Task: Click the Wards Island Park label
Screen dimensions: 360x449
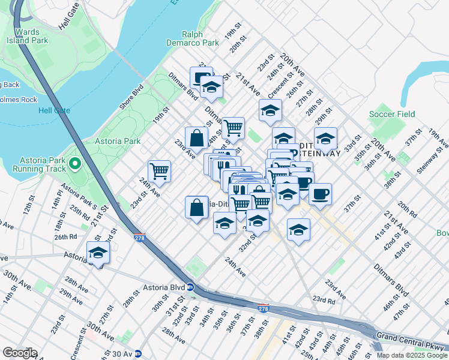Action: pyautogui.click(x=28, y=37)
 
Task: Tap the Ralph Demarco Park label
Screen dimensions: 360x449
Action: pyautogui.click(x=193, y=38)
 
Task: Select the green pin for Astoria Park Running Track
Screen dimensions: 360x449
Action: pyautogui.click(x=74, y=163)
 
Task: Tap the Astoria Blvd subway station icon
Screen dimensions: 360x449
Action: pyautogui.click(x=190, y=287)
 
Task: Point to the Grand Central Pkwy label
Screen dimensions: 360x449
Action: pyautogui.click(x=410, y=336)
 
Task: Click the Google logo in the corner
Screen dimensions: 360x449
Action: pyautogui.click(x=19, y=353)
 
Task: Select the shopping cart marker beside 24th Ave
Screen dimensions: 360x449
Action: pyautogui.click(x=160, y=171)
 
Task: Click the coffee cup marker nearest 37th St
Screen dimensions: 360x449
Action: pyautogui.click(x=320, y=194)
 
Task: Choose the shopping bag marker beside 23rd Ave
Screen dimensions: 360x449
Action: pyautogui.click(x=197, y=138)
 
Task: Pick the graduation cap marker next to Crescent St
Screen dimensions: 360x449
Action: pyautogui.click(x=270, y=110)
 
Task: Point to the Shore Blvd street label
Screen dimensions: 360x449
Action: pyautogui.click(x=131, y=97)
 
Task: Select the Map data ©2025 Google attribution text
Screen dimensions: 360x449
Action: pyautogui.click(x=411, y=355)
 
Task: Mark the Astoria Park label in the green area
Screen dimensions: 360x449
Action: pyautogui.click(x=118, y=142)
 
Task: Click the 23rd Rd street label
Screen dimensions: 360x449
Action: pyautogui.click(x=323, y=300)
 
